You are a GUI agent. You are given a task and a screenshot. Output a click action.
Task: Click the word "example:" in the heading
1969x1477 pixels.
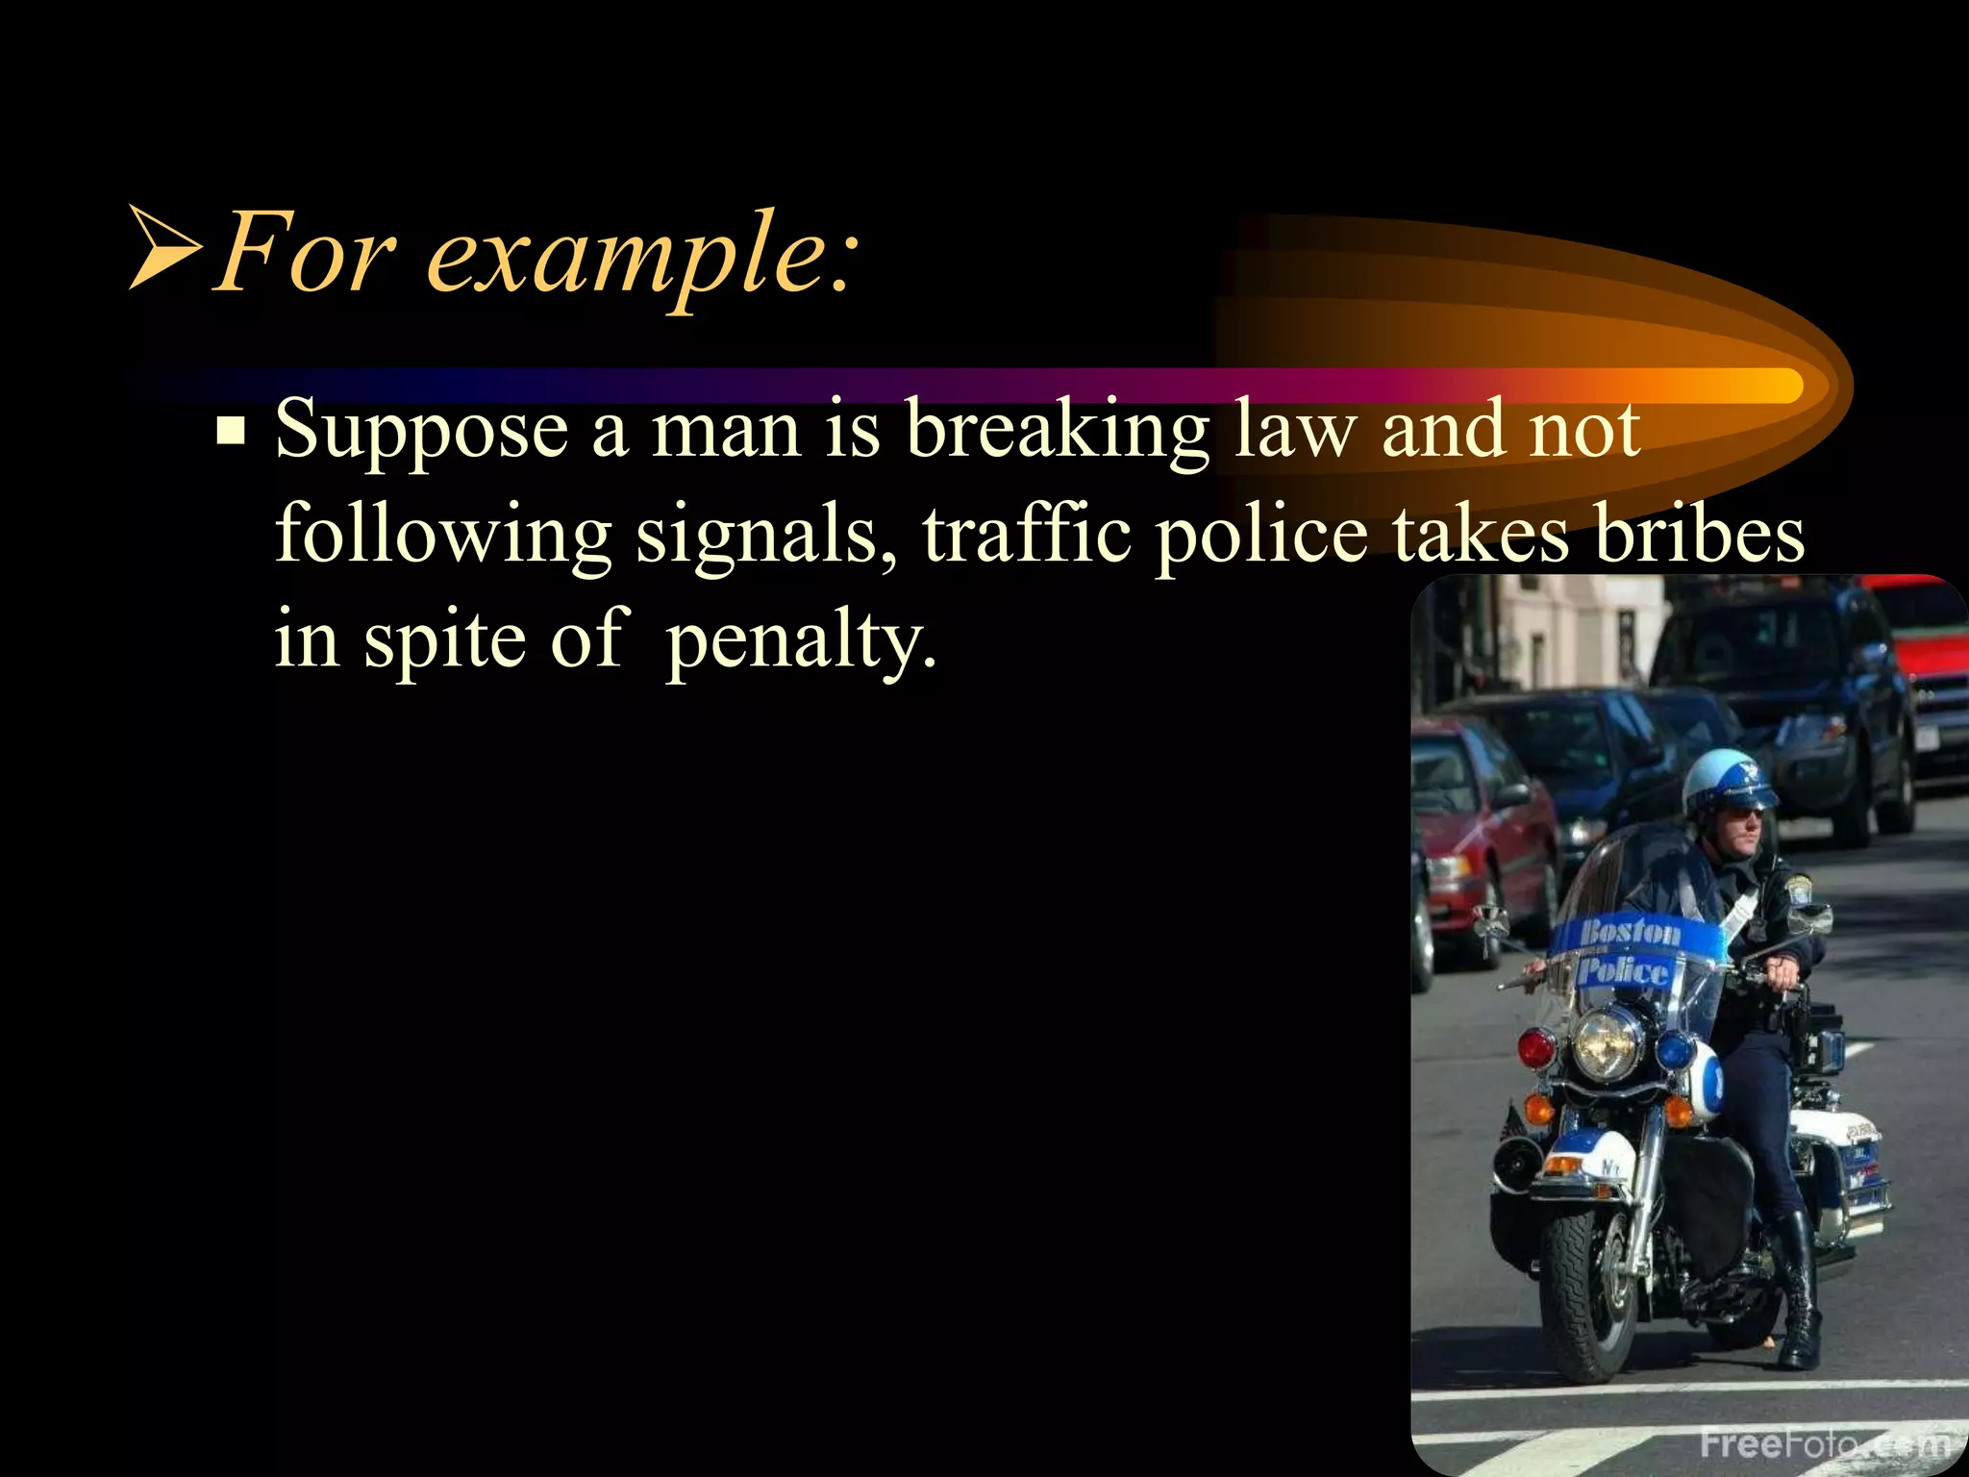pyautogui.click(x=639, y=255)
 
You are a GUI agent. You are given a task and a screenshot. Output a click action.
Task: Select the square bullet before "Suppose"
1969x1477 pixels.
pyautogui.click(x=231, y=431)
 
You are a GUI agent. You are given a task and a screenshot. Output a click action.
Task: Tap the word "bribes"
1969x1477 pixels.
pyautogui.click(x=1700, y=535)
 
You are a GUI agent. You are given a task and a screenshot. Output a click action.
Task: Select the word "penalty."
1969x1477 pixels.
pyautogui.click(x=801, y=640)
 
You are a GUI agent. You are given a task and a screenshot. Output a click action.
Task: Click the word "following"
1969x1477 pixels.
pyautogui.click(x=443, y=535)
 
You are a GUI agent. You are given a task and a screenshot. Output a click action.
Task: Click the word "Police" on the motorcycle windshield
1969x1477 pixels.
pyautogui.click(x=1623, y=969)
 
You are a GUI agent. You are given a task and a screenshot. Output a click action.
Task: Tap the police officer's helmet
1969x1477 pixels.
pyautogui.click(x=1725, y=778)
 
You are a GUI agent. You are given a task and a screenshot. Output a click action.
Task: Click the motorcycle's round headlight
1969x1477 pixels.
pyautogui.click(x=1606, y=1042)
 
